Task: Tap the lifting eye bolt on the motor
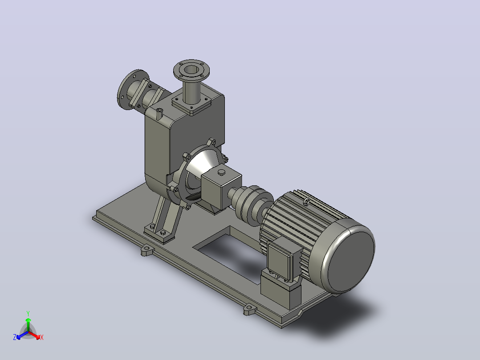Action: (x=306, y=201)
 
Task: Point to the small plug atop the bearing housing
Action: (x=221, y=173)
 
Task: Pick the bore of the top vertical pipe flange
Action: (x=191, y=70)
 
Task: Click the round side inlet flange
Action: (x=132, y=89)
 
